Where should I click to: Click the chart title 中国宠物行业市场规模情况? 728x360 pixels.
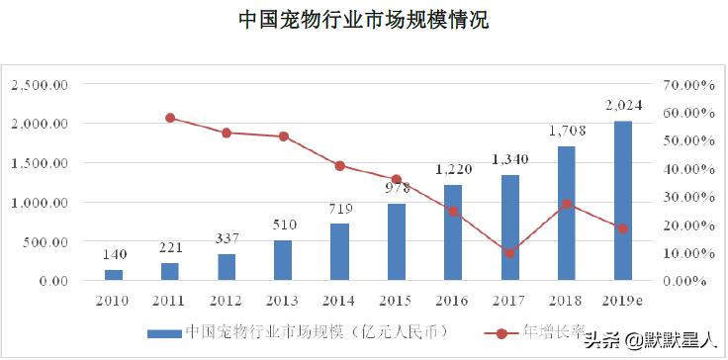[x=363, y=20]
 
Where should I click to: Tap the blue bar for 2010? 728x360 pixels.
[x=114, y=275]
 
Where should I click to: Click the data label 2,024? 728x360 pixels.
[x=622, y=106]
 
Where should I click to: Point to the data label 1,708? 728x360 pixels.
[x=566, y=131]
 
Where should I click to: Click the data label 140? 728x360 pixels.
[x=114, y=253]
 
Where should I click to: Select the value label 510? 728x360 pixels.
[x=283, y=225]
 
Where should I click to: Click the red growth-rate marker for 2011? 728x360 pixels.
[x=170, y=118]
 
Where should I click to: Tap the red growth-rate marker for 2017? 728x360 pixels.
[x=509, y=253]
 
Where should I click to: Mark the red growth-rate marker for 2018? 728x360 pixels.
[x=566, y=205]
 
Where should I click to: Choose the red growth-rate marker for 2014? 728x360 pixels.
[x=339, y=166]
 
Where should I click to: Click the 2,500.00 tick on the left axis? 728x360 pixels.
[x=39, y=85]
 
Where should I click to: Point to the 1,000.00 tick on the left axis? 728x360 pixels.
[x=39, y=203]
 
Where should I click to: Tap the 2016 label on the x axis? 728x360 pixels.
[x=452, y=298]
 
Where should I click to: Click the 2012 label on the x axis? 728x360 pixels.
[x=227, y=298]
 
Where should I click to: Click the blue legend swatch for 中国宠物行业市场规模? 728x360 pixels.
[x=163, y=331]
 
